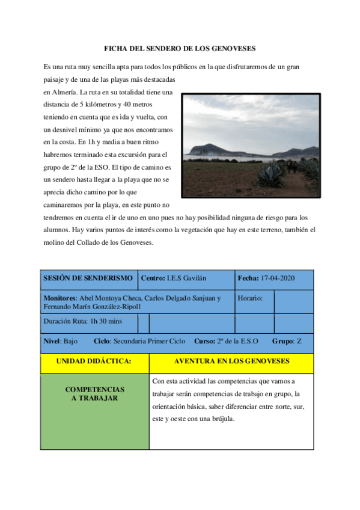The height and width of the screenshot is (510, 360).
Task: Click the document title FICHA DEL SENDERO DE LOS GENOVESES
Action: coord(180,48)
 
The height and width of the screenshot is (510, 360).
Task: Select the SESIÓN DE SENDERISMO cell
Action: coord(88,278)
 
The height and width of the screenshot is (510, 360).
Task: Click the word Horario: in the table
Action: coord(251,298)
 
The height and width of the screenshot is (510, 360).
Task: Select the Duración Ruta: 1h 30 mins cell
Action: coord(82,321)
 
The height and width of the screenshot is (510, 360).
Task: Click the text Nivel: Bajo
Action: coord(61,341)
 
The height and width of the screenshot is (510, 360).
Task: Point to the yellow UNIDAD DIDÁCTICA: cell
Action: coord(94,361)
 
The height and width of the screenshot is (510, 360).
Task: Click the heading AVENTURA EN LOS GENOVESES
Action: coord(231,361)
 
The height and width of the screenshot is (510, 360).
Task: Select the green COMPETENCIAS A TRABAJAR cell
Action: coord(94,394)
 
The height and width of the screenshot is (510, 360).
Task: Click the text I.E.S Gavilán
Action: coord(187,278)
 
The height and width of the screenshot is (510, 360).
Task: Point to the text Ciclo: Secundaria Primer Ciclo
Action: coord(139,341)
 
